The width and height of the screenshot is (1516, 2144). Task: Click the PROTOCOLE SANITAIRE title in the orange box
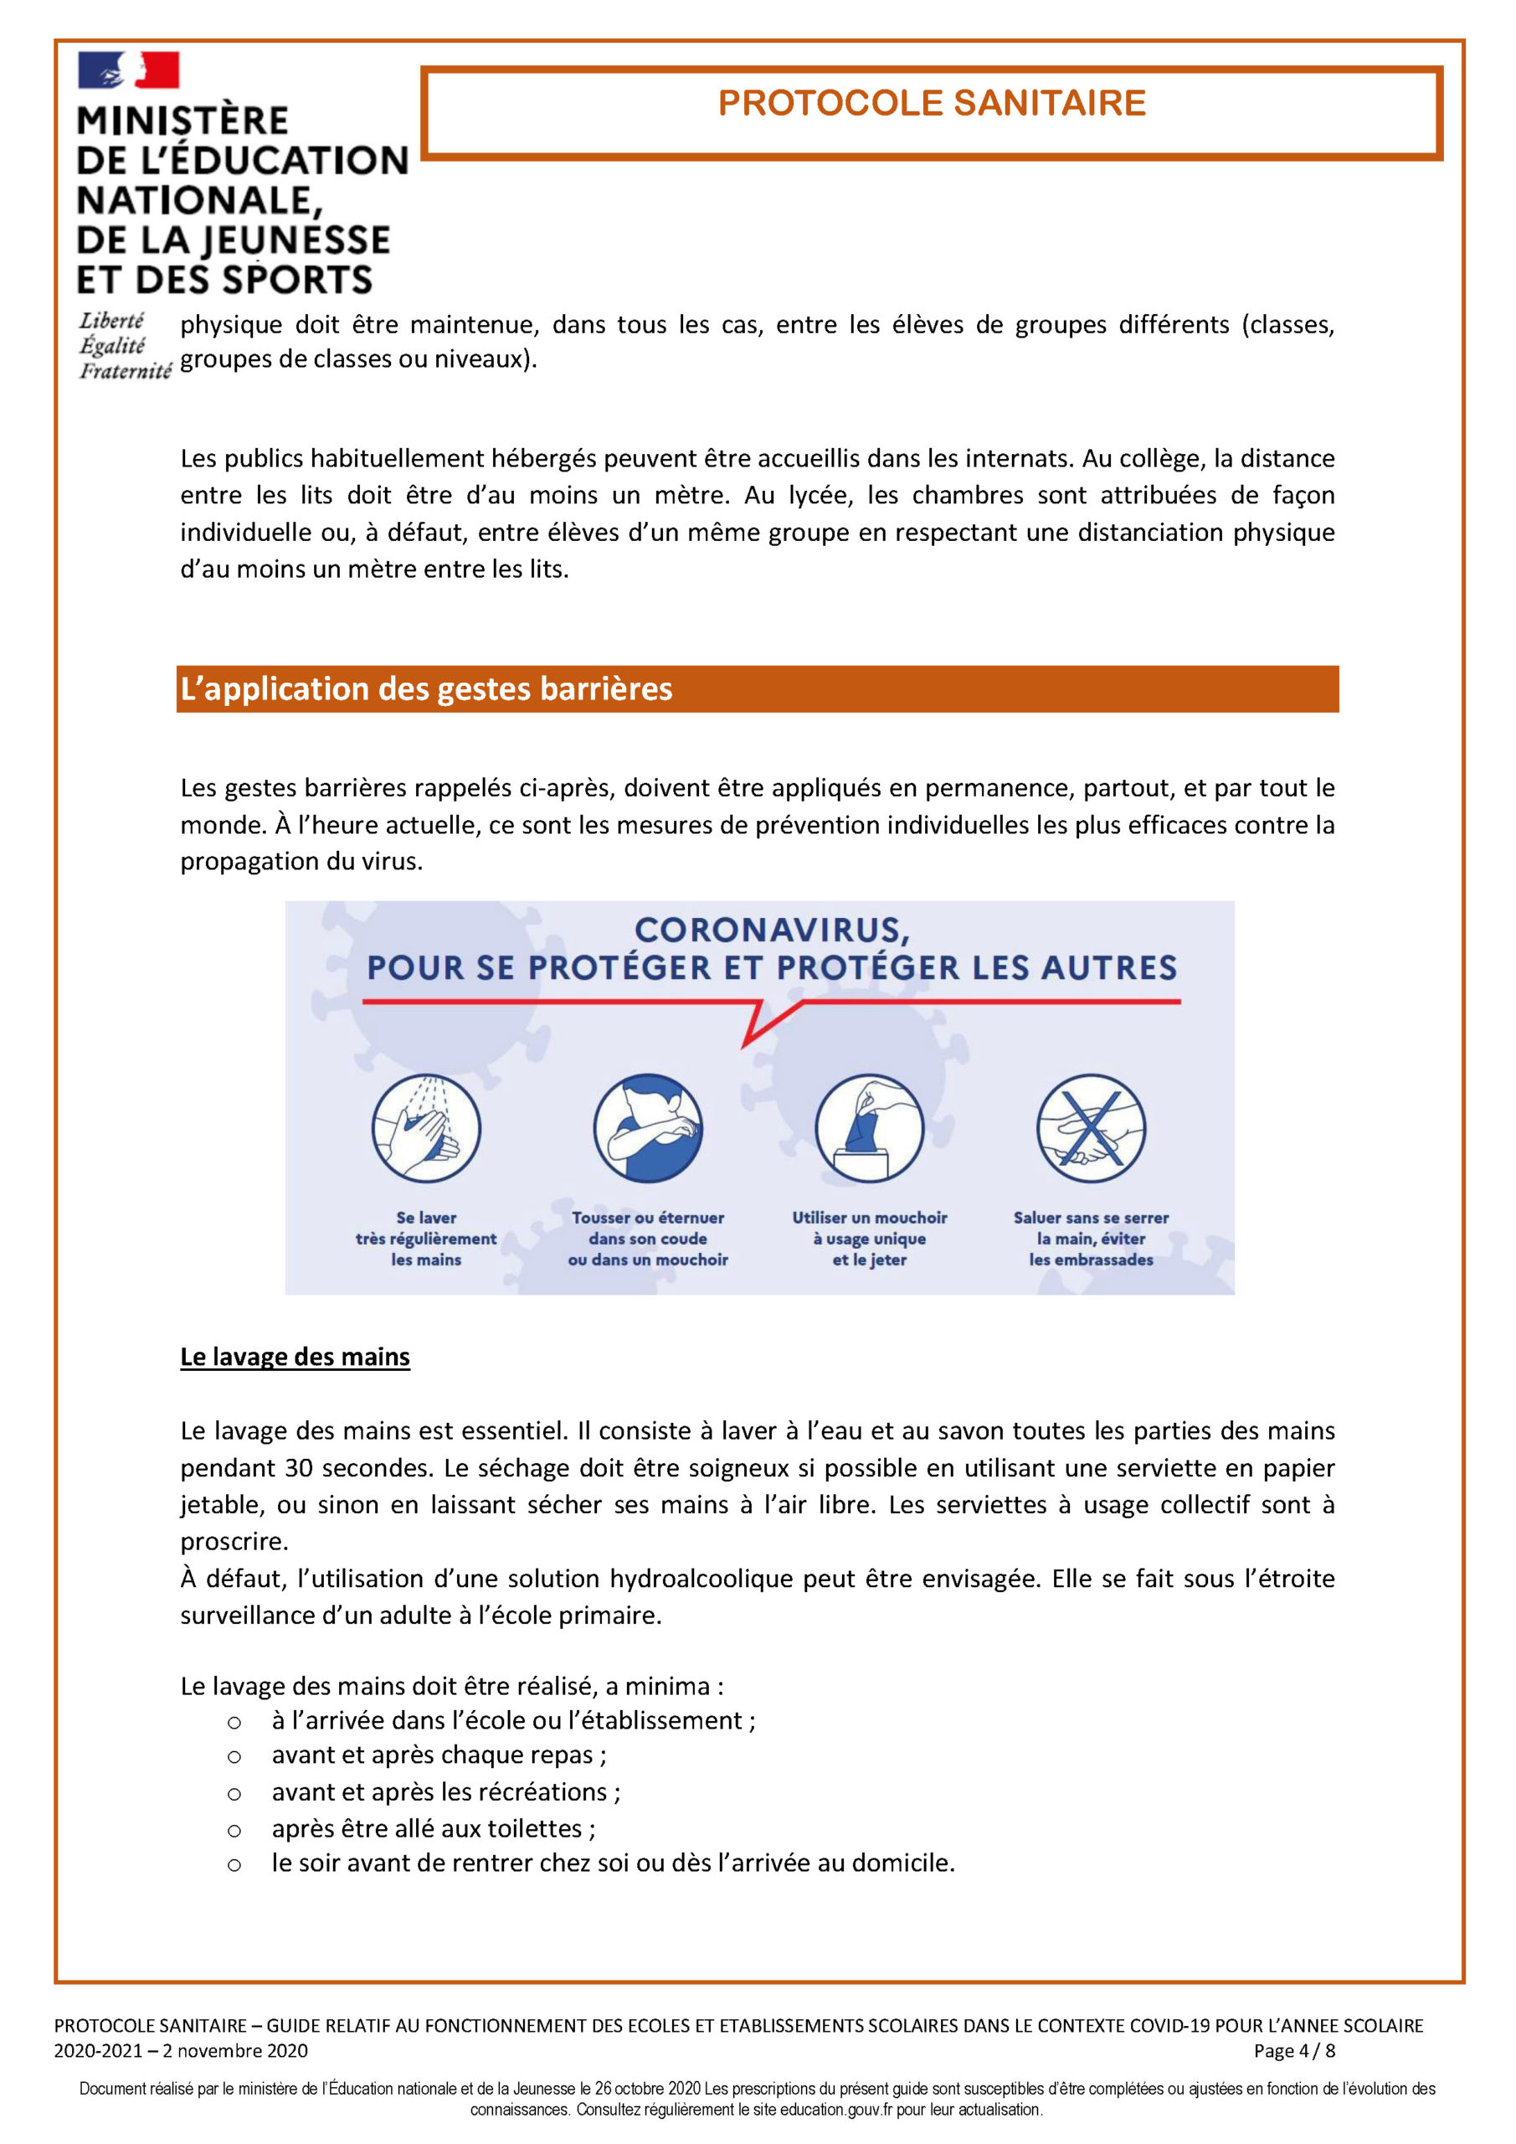(931, 103)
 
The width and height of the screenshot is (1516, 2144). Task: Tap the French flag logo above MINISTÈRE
(128, 70)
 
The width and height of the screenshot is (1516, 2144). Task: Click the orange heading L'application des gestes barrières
(426, 689)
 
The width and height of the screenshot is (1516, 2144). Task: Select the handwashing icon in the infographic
(426, 1128)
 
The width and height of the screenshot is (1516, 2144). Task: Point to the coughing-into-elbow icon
(647, 1128)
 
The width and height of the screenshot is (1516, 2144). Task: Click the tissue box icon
(869, 1128)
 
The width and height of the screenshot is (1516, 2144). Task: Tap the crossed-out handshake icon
(1090, 1128)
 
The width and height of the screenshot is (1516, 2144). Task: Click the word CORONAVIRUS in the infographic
(771, 930)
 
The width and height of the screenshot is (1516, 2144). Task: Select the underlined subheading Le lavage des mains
(295, 1357)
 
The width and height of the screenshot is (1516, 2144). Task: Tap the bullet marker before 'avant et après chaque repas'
(234, 1757)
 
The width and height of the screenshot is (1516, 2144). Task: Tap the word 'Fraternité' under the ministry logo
(125, 372)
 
